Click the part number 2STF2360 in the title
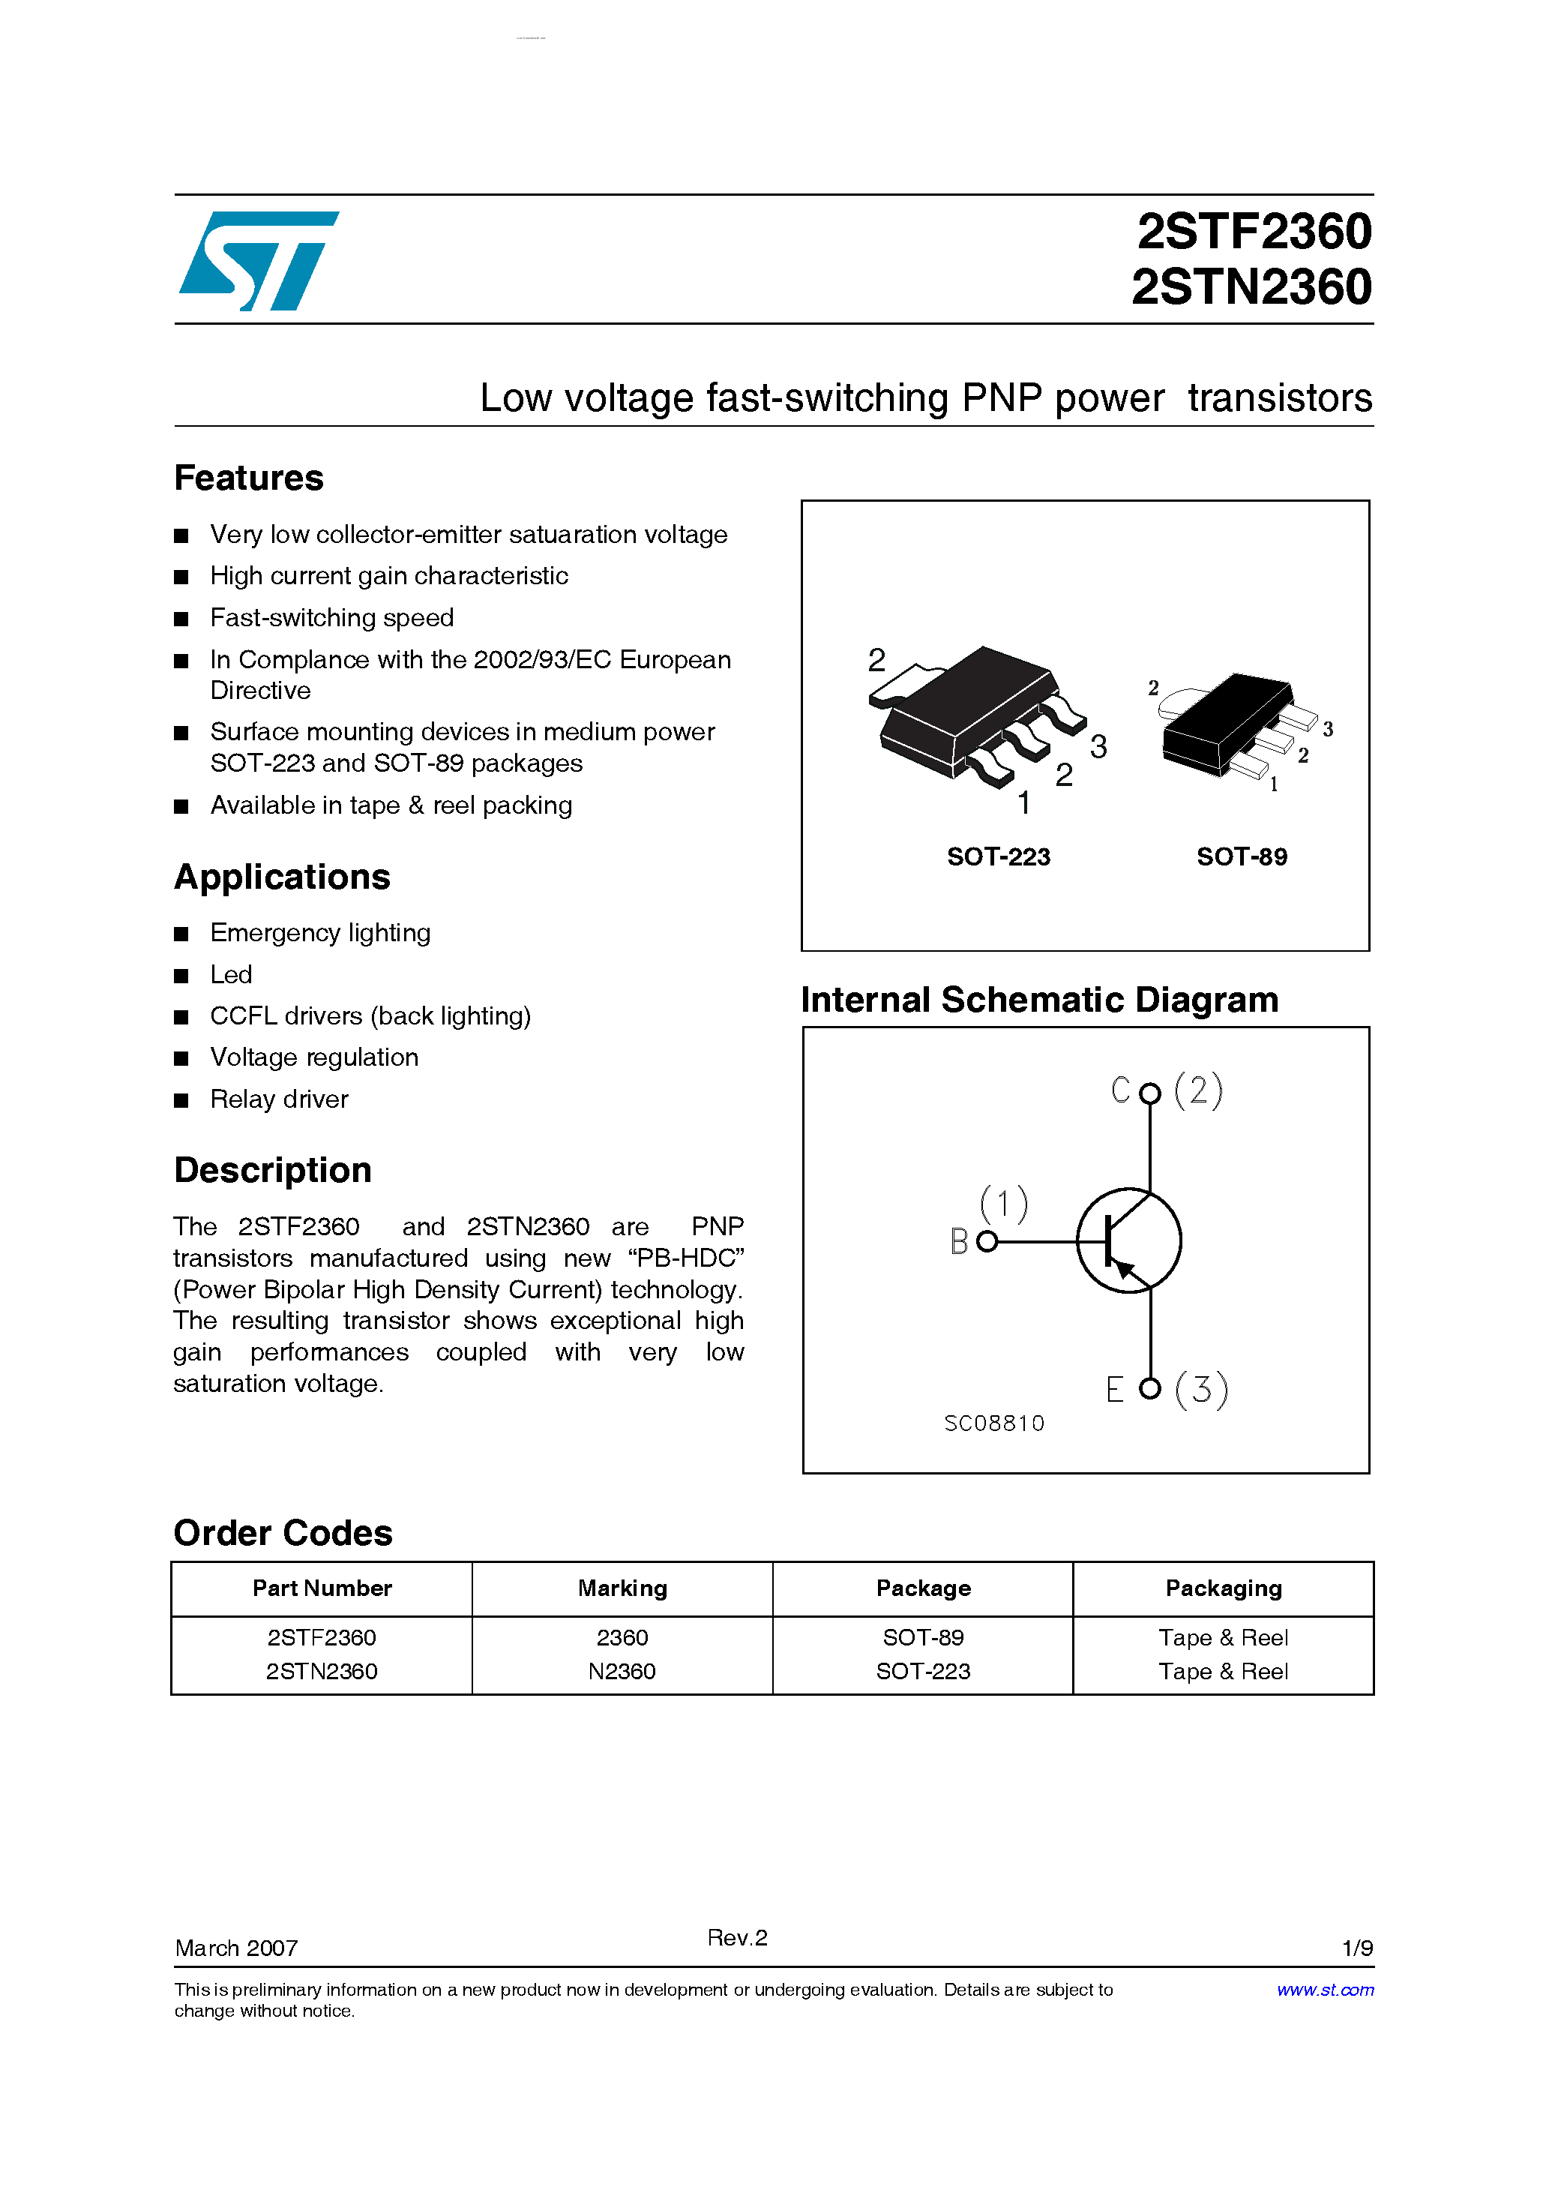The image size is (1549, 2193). point(1253,232)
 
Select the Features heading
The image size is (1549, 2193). point(248,478)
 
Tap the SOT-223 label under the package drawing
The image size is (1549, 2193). point(998,856)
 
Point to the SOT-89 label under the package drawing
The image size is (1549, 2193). point(1242,856)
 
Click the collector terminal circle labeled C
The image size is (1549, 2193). point(1150,1093)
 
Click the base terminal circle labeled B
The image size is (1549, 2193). point(987,1242)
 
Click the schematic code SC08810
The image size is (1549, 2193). point(994,1423)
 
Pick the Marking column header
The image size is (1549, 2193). point(622,1588)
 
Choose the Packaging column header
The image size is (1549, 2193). point(1224,1588)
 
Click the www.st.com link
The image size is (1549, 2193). point(1325,1990)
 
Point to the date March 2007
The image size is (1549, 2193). point(237,1948)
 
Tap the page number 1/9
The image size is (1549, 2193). point(1357,1948)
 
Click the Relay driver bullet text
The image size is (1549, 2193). point(279,1099)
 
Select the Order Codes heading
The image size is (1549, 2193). point(283,1533)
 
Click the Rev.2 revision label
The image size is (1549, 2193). point(737,1937)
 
